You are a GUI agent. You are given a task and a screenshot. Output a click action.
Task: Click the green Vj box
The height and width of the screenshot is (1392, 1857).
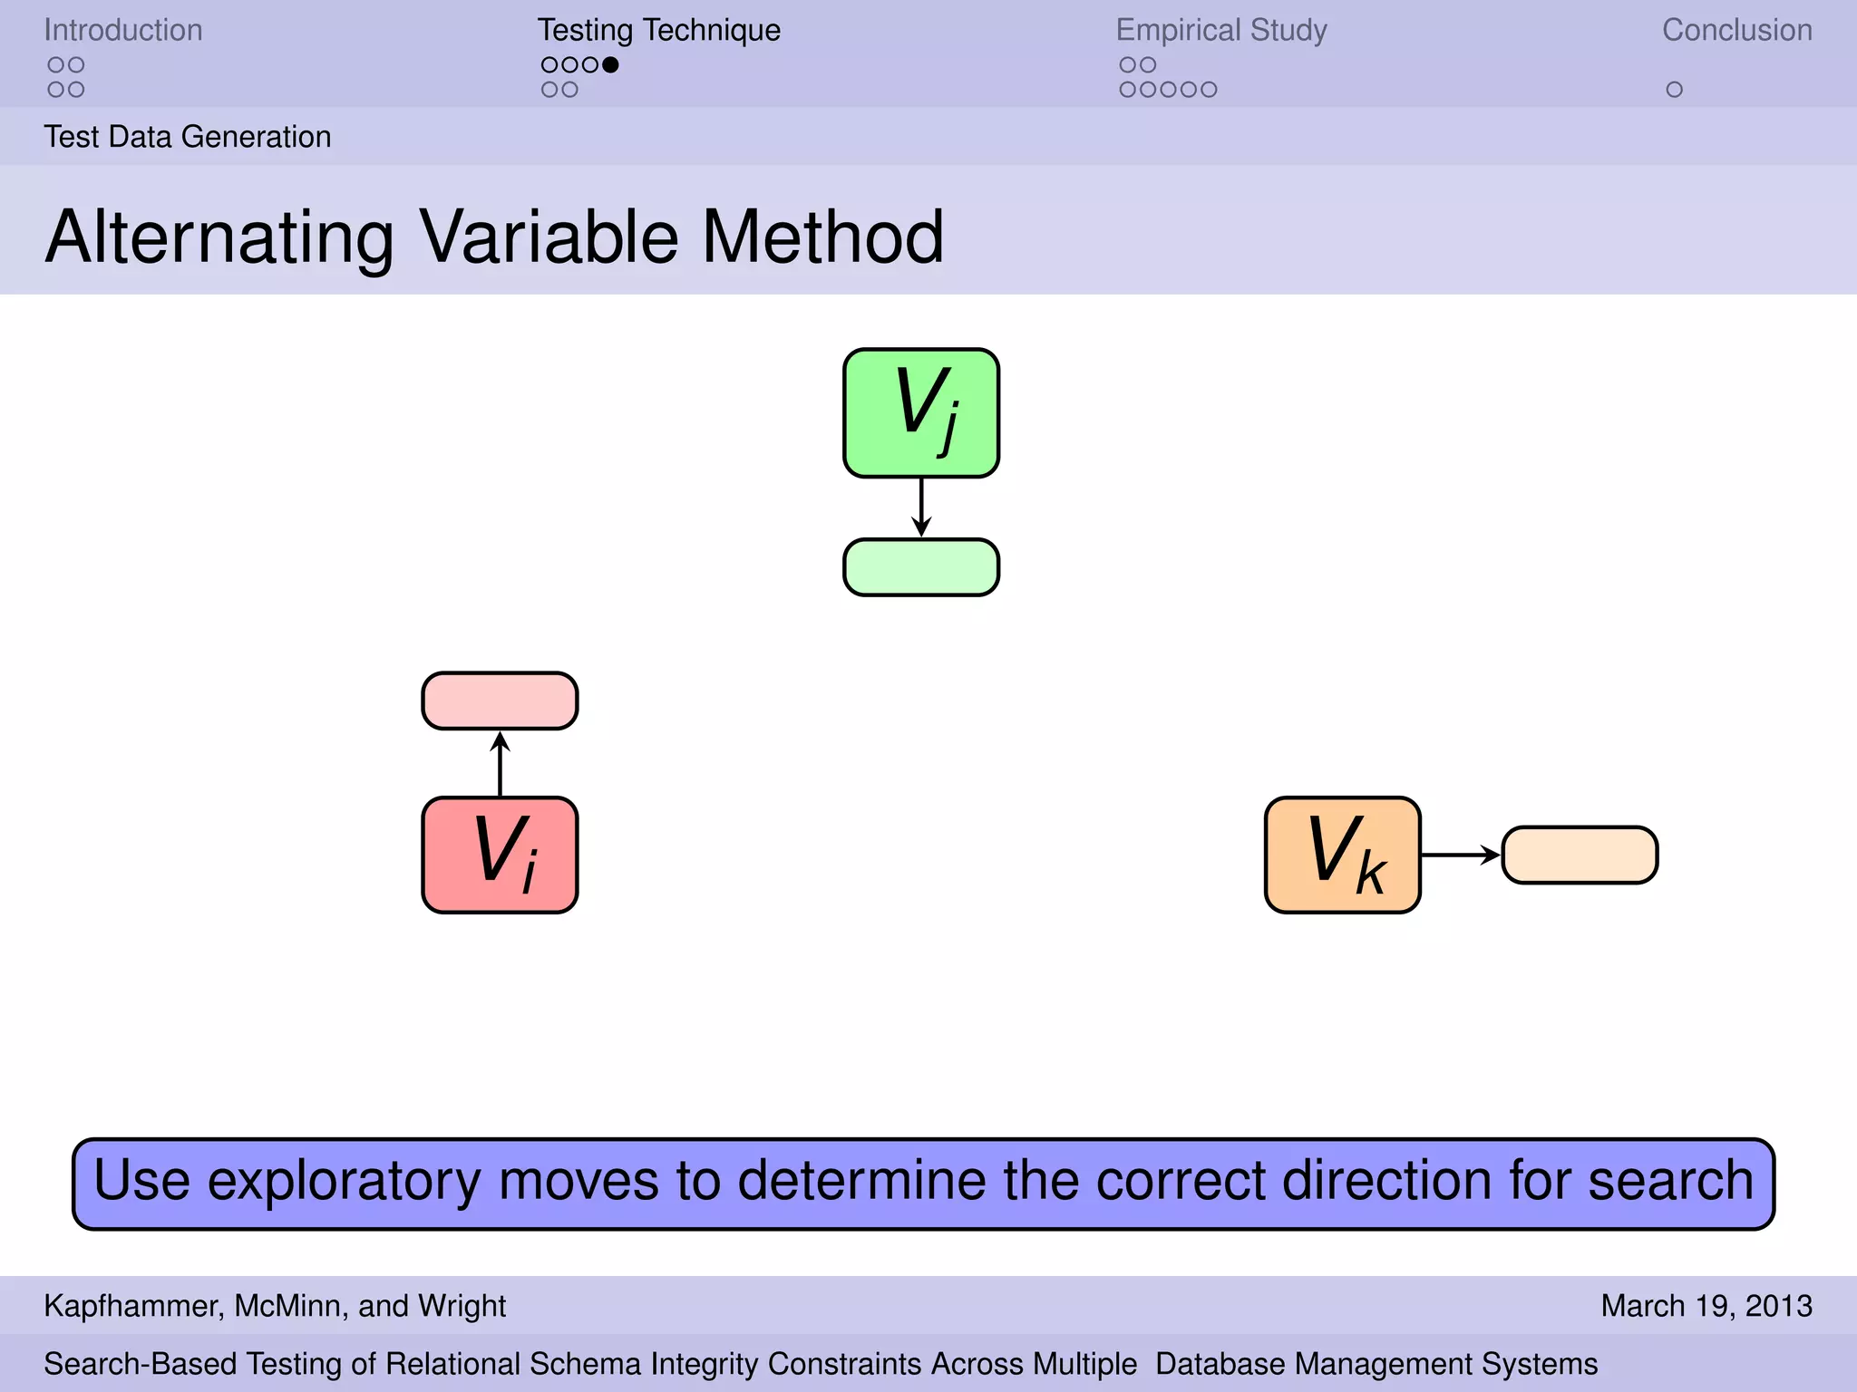tap(921, 413)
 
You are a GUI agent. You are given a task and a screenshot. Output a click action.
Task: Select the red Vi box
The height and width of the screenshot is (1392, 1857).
tap(500, 855)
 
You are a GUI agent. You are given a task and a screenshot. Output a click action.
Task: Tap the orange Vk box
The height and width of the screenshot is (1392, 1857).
tap(1342, 855)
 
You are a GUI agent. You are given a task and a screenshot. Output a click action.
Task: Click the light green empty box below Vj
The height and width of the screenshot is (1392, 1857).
tap(921, 567)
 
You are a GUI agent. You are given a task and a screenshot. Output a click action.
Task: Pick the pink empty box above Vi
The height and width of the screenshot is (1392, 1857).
tap(500, 701)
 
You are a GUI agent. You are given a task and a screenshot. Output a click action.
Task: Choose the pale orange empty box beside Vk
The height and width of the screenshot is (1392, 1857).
tap(1580, 855)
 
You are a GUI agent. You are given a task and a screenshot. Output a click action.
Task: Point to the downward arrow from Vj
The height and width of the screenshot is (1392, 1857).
tap(921, 508)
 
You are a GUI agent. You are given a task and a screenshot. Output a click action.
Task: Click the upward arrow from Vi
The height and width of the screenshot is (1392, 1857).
tap(500, 763)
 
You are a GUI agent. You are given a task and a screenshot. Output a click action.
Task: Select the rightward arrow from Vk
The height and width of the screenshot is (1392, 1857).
tap(1461, 855)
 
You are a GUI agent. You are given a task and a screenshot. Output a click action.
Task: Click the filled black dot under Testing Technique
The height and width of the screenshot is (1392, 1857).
tap(610, 64)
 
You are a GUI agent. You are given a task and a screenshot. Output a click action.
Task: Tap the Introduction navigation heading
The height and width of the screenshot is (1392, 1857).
tap(123, 30)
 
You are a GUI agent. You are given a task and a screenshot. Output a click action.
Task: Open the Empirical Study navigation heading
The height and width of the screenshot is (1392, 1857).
tap(1220, 30)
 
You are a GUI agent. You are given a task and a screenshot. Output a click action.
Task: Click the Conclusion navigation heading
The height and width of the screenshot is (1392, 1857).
tap(1736, 30)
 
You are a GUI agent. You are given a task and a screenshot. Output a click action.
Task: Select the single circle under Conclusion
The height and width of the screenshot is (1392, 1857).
tap(1674, 90)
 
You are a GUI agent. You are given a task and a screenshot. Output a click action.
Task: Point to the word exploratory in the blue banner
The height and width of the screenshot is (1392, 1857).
tap(344, 1181)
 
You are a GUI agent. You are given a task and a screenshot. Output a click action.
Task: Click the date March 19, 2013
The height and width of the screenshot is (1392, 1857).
tap(1706, 1306)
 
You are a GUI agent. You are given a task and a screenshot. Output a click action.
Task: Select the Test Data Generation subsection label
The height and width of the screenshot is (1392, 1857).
tap(188, 137)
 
